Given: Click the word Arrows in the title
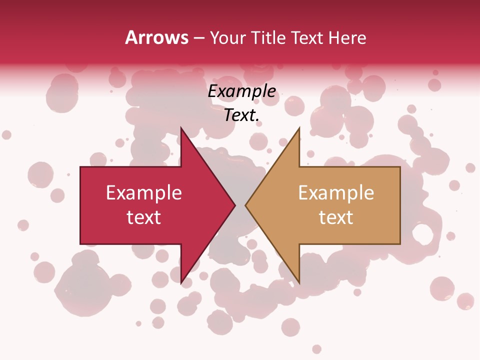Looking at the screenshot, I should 156,37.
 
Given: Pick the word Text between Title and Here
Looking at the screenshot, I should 308,37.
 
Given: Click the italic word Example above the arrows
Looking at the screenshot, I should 242,91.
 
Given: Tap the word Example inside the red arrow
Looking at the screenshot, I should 144,193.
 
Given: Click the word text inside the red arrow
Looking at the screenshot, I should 144,217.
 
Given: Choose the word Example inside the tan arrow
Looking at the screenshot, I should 336,193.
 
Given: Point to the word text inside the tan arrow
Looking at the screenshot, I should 336,217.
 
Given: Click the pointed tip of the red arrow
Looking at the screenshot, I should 235,205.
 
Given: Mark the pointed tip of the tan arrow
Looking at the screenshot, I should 245,205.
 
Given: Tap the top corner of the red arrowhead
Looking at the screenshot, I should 181,127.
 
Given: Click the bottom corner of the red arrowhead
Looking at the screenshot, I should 181,283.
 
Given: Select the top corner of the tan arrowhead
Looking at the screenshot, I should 299,127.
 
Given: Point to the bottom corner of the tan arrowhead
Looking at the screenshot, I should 299,283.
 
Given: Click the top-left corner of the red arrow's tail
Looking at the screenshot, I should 80,167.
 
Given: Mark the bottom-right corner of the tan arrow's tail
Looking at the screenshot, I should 400,244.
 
